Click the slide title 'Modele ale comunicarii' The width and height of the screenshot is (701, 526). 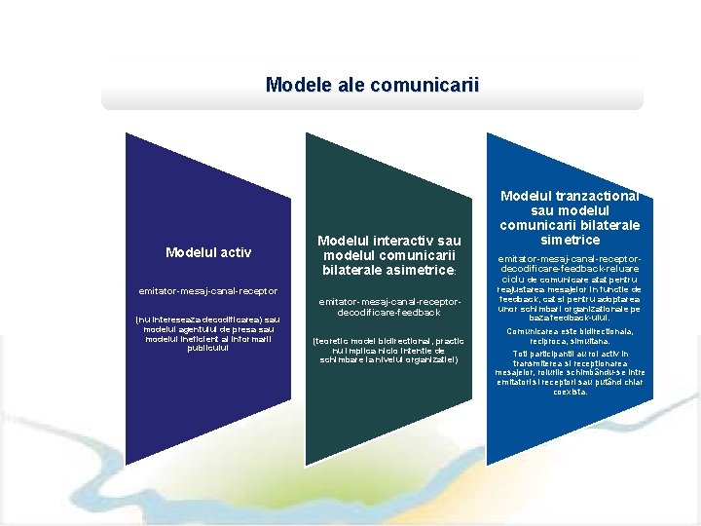pos(372,85)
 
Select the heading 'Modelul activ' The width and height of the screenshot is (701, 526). pos(208,252)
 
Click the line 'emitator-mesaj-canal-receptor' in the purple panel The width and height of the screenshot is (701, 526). pos(208,290)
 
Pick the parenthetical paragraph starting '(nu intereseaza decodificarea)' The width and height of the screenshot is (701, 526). pos(208,333)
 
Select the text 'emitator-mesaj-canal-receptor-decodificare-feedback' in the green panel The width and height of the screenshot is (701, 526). pos(389,307)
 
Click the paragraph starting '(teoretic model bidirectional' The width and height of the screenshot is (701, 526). pos(389,350)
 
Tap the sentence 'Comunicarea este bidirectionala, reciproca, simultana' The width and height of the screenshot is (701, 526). pos(570,336)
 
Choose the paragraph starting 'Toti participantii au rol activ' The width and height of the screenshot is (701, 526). pos(570,372)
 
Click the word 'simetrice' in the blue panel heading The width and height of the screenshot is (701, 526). pos(570,240)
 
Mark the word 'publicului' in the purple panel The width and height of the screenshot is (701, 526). pos(208,348)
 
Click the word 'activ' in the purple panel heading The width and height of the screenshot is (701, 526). pos(235,252)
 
